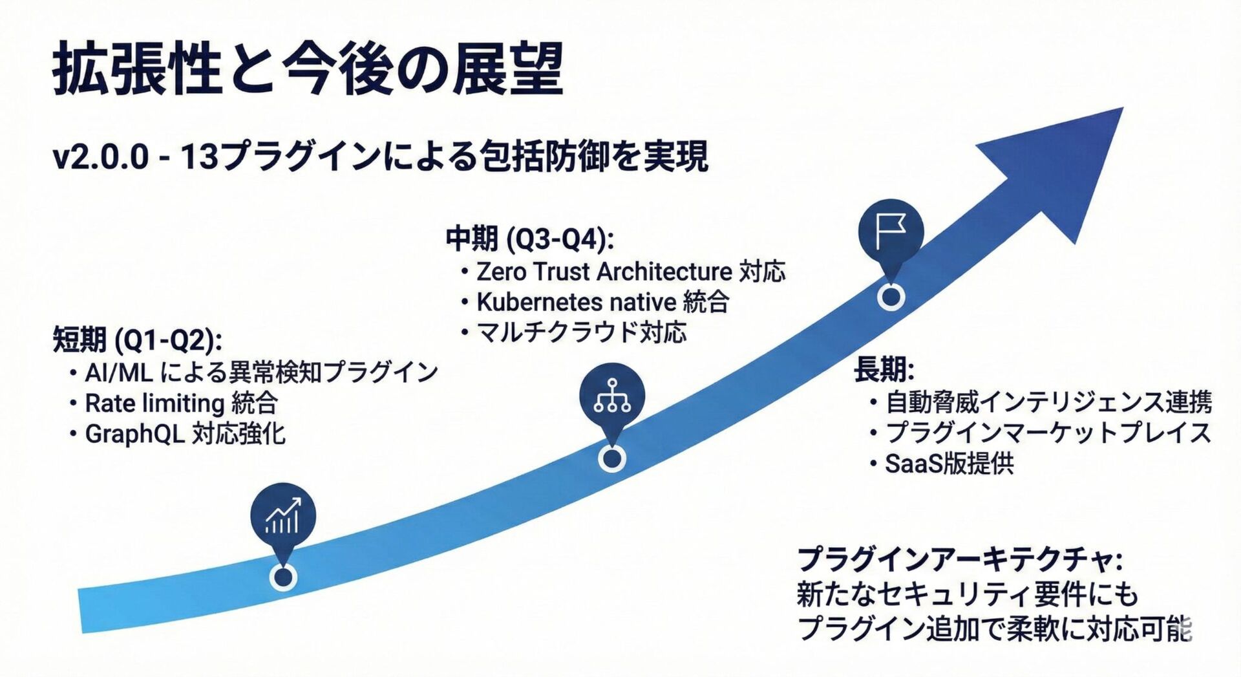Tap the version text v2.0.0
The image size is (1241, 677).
[x=101, y=157]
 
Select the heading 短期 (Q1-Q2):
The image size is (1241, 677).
[x=137, y=340]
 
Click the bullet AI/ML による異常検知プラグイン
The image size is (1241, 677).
[x=261, y=372]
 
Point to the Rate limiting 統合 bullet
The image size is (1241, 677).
[x=181, y=403]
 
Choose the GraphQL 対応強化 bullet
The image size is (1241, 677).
[x=185, y=434]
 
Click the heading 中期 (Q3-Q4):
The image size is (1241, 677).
[x=529, y=239]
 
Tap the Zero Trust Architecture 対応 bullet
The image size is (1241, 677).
[x=630, y=272]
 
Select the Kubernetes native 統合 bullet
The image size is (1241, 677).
[x=602, y=302]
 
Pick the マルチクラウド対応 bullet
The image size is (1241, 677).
[x=580, y=332]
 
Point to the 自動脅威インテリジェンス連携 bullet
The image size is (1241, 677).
[x=1048, y=402]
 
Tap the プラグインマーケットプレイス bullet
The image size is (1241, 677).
[x=1048, y=433]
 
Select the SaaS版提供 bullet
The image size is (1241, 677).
[x=949, y=464]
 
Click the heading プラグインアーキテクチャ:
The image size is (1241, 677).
[x=959, y=559]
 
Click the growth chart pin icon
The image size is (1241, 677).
[x=283, y=515]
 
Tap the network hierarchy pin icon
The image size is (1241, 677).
[x=611, y=396]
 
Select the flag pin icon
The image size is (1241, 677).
[x=891, y=231]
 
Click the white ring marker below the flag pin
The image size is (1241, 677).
[x=891, y=297]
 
